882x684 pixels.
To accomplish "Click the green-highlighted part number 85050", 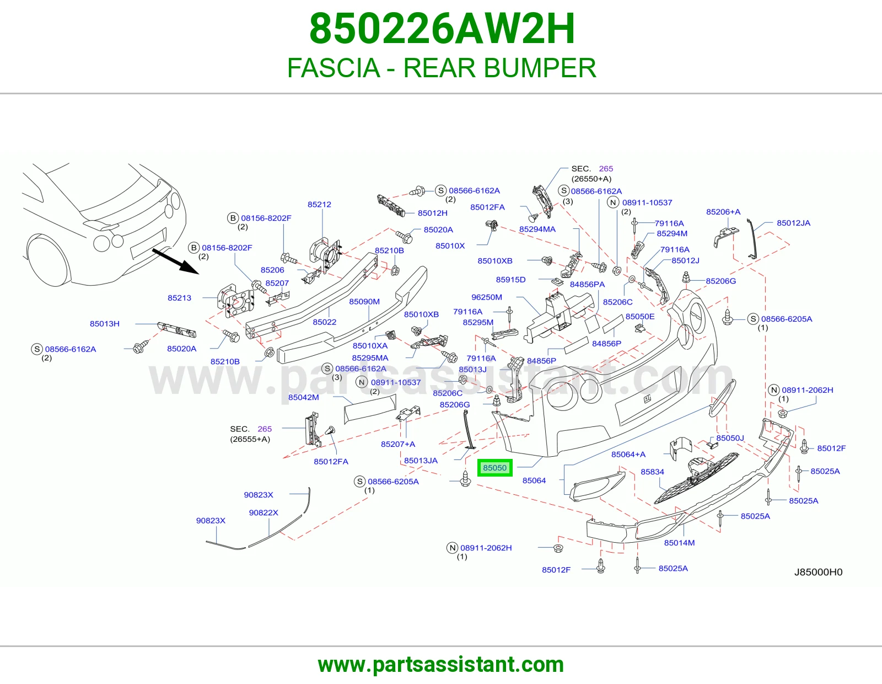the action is tap(495, 468).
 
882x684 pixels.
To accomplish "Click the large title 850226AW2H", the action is tap(442, 29).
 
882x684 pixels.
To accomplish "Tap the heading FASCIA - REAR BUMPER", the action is tap(442, 68).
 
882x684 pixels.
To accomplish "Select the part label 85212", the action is tap(319, 204).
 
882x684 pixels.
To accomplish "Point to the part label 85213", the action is tap(179, 298).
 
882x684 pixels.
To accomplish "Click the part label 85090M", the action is tap(364, 301).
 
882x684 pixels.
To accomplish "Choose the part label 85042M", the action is tap(303, 397).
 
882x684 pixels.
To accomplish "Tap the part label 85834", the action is tap(652, 472).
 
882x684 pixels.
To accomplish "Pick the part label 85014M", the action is tap(679, 543).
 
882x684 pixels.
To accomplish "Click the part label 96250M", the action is tap(486, 297).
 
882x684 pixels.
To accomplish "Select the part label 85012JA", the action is tap(793, 223).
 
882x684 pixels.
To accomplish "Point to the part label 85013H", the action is tap(104, 324).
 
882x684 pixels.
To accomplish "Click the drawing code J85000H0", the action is tap(818, 572).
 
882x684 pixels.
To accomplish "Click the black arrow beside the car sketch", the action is tap(176, 261).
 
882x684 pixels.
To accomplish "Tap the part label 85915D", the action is tap(510, 280).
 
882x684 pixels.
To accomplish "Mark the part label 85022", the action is tap(324, 322).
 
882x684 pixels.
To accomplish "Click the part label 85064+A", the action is tap(628, 454).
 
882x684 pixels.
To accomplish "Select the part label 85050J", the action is tap(730, 438).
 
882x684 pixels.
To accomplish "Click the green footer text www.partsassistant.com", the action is tap(441, 665).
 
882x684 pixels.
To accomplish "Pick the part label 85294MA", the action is tap(537, 229).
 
